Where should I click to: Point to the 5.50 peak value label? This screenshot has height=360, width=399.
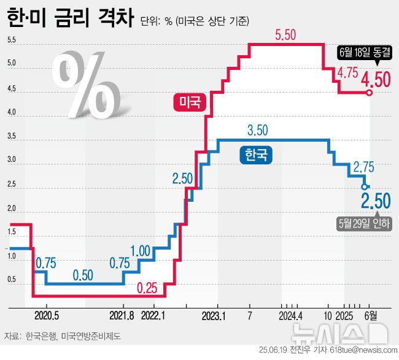click(x=286, y=36)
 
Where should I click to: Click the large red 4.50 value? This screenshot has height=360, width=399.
click(x=375, y=80)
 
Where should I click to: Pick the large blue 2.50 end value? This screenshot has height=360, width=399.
click(x=375, y=201)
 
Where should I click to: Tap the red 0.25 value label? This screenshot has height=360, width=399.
click(x=149, y=287)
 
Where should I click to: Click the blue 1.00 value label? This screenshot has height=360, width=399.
click(x=141, y=250)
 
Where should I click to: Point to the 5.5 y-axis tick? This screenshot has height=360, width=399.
click(x=12, y=40)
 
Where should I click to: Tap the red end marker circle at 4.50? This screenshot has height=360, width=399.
click(x=369, y=93)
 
